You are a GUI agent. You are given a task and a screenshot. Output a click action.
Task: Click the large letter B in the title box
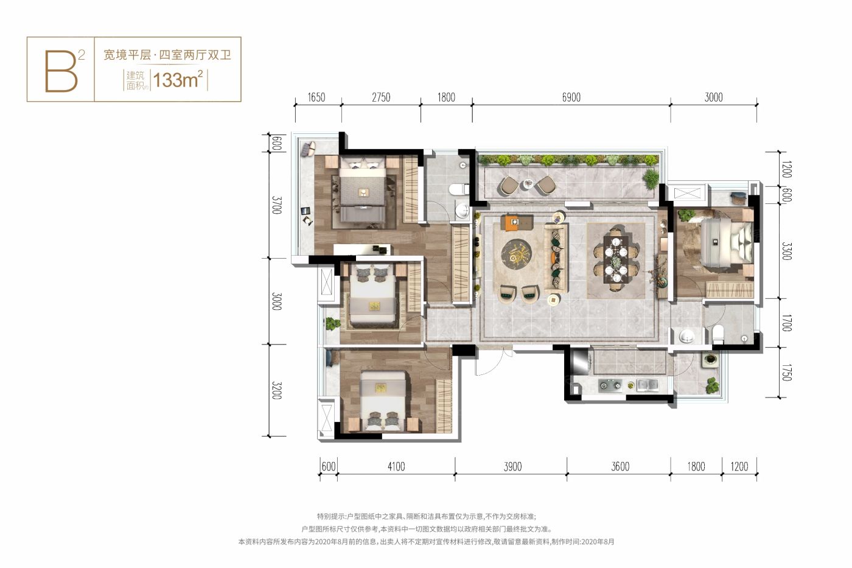tap(61, 71)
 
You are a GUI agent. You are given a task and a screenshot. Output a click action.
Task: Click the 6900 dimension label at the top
tap(571, 97)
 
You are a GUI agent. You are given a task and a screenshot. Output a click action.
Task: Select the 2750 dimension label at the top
tap(380, 97)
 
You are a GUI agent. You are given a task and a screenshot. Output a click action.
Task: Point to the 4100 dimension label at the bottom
tap(396, 466)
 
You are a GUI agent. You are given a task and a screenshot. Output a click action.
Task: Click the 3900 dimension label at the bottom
tap(512, 466)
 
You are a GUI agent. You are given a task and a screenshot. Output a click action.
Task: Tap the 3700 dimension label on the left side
tap(277, 205)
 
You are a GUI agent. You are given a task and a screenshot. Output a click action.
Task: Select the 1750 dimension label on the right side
tap(786, 373)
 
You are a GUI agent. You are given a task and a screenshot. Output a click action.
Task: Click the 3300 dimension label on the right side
tap(786, 251)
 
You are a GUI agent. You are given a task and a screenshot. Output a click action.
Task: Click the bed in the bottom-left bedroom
tap(383, 399)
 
